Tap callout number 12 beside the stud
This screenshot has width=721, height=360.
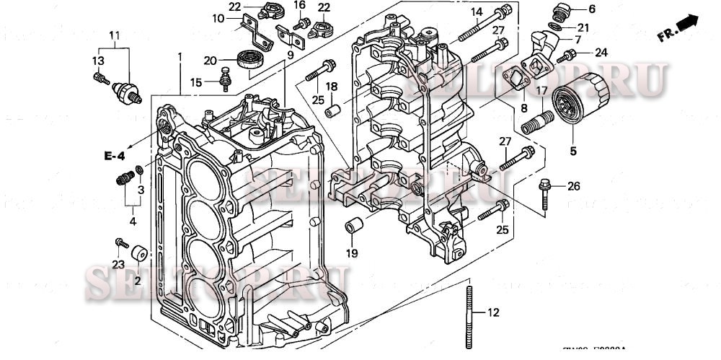click(x=493, y=313)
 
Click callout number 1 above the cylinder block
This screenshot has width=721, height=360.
click(x=180, y=57)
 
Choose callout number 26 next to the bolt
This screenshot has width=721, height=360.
click(x=573, y=187)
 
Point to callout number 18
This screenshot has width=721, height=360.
click(x=331, y=87)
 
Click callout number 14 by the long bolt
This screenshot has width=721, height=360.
click(x=477, y=12)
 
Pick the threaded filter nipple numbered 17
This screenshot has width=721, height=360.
click(x=542, y=115)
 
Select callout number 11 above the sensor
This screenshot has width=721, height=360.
click(x=114, y=35)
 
